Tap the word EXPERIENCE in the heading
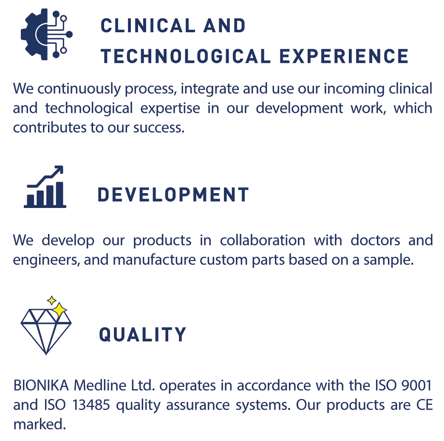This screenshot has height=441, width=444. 344,56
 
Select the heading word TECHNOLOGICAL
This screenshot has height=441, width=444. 186,56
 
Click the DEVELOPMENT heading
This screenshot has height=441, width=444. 173,195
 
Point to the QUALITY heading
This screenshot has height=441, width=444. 143,334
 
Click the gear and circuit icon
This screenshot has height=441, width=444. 47,34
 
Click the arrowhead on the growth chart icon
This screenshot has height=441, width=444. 59,170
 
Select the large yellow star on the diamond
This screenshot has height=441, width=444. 59,310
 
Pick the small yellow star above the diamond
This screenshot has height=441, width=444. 51,300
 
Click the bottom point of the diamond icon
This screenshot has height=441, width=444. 46,354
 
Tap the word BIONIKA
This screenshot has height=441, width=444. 41,385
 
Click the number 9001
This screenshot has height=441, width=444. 416,385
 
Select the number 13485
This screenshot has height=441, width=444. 91,405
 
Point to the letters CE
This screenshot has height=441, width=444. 424,405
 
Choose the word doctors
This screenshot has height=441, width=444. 375,240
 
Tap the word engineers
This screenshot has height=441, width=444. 46,260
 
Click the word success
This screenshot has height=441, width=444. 159,128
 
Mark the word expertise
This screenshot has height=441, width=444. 170,108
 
